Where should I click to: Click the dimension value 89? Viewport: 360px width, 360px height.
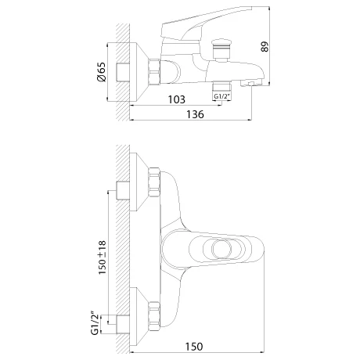pyautogui.click(x=265, y=47)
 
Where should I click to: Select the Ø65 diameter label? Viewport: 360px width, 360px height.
pyautogui.click(x=102, y=72)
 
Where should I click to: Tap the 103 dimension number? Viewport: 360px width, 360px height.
pyautogui.click(x=176, y=99)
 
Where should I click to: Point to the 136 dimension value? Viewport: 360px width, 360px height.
pyautogui.click(x=195, y=114)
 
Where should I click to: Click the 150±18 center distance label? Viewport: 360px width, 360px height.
pyautogui.click(x=103, y=257)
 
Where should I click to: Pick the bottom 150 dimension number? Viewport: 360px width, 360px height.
pyautogui.click(x=194, y=347)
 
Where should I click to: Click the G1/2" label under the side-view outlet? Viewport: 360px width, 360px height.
pyautogui.click(x=222, y=96)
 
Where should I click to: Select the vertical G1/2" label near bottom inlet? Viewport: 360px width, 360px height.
pyautogui.click(x=95, y=323)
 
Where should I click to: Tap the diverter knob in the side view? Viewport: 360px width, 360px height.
pyautogui.click(x=221, y=49)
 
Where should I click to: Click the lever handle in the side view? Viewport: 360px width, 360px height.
pyautogui.click(x=206, y=23)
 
